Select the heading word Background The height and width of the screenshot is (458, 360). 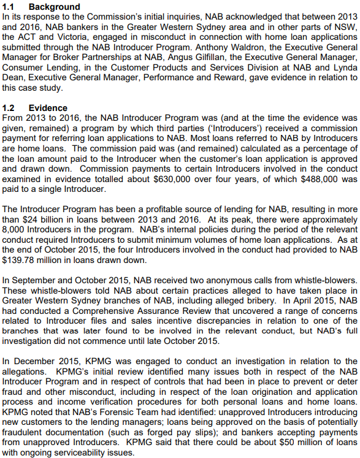[54, 6]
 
